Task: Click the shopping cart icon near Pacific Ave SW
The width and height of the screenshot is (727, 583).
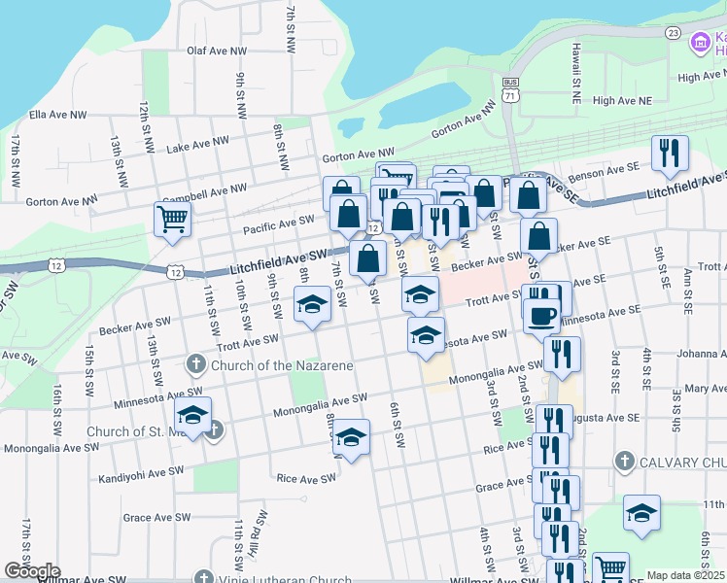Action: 172,219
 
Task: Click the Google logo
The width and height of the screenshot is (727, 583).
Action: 32,571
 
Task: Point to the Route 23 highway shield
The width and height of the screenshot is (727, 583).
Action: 673,32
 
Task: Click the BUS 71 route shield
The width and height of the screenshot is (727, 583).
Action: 510,90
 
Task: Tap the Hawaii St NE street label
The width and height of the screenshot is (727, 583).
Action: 575,63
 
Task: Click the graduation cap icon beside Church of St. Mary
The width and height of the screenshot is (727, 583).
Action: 192,416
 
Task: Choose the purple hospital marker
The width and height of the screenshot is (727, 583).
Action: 699,43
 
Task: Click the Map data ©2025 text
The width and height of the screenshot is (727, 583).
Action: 685,575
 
